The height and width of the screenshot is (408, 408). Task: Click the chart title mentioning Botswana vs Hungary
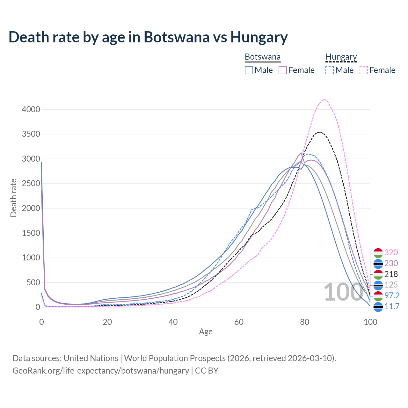(148, 37)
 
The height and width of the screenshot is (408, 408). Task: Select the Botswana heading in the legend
(263, 57)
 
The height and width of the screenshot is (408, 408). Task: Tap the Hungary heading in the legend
(341, 57)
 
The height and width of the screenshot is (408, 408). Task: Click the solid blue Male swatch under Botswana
(249, 70)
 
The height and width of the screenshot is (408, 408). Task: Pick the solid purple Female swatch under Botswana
(283, 70)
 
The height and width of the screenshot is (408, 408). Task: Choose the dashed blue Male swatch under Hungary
(330, 70)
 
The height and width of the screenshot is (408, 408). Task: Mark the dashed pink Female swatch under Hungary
(364, 70)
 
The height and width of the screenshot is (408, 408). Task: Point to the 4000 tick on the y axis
(31, 109)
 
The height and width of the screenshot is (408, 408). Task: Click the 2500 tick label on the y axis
(31, 184)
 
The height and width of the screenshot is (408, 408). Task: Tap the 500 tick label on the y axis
(33, 282)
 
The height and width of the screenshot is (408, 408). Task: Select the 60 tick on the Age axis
(239, 322)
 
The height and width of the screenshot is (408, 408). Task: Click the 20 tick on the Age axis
(107, 322)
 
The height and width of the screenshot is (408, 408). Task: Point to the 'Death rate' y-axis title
(13, 198)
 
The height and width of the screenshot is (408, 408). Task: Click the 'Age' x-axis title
(206, 332)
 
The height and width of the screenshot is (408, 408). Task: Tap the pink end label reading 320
(391, 252)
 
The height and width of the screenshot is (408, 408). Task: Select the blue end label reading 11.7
(392, 306)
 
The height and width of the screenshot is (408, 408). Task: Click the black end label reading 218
(391, 274)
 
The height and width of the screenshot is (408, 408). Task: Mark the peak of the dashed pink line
(324, 99)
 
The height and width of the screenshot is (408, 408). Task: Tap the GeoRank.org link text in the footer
(101, 371)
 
